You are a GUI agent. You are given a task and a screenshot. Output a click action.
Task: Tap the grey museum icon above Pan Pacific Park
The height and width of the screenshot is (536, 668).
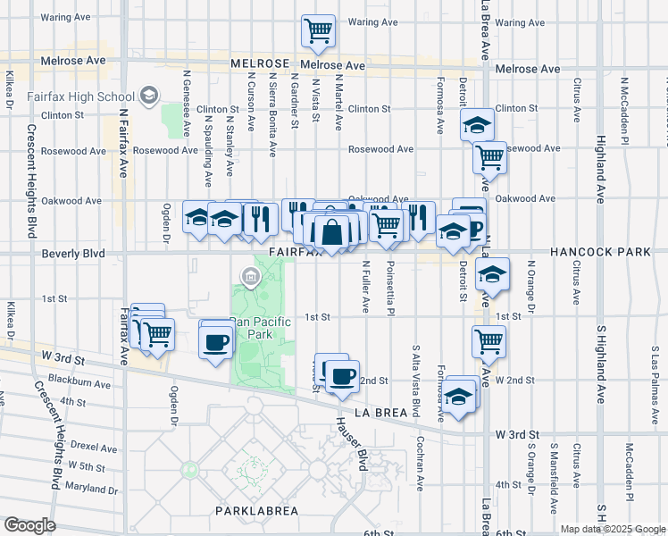(250, 277)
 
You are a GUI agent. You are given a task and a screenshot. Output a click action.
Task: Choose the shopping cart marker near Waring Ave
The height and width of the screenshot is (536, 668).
(318, 31)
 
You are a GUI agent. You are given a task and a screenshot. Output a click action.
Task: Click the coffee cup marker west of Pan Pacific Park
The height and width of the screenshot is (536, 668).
(216, 341)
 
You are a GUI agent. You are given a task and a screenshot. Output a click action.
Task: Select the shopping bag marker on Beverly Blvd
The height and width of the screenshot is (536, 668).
(331, 232)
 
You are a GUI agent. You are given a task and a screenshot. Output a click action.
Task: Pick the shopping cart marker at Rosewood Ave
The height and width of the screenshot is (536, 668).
(490, 157)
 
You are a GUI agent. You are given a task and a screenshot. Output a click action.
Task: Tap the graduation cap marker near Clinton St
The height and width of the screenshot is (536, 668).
(478, 124)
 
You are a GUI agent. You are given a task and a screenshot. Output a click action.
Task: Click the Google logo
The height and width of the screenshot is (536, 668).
(29, 525)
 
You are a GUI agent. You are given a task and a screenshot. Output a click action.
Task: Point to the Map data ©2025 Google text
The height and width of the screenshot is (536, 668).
(612, 529)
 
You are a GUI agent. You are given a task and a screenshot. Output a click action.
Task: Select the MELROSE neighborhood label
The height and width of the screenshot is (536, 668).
(260, 63)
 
